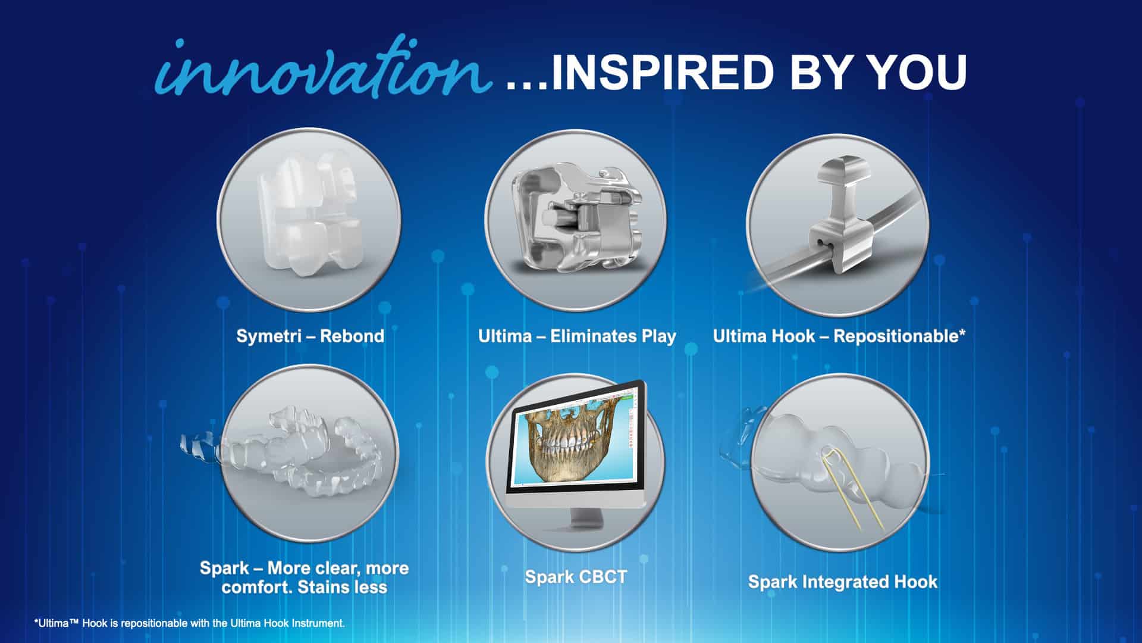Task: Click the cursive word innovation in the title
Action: (x=324, y=68)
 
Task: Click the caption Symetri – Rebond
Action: (x=310, y=336)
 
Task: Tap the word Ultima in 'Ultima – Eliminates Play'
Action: (x=505, y=336)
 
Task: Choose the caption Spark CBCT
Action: (x=576, y=577)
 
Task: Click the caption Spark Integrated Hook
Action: (x=843, y=582)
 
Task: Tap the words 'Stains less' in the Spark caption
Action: (x=342, y=587)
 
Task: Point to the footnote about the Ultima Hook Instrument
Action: (x=189, y=623)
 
